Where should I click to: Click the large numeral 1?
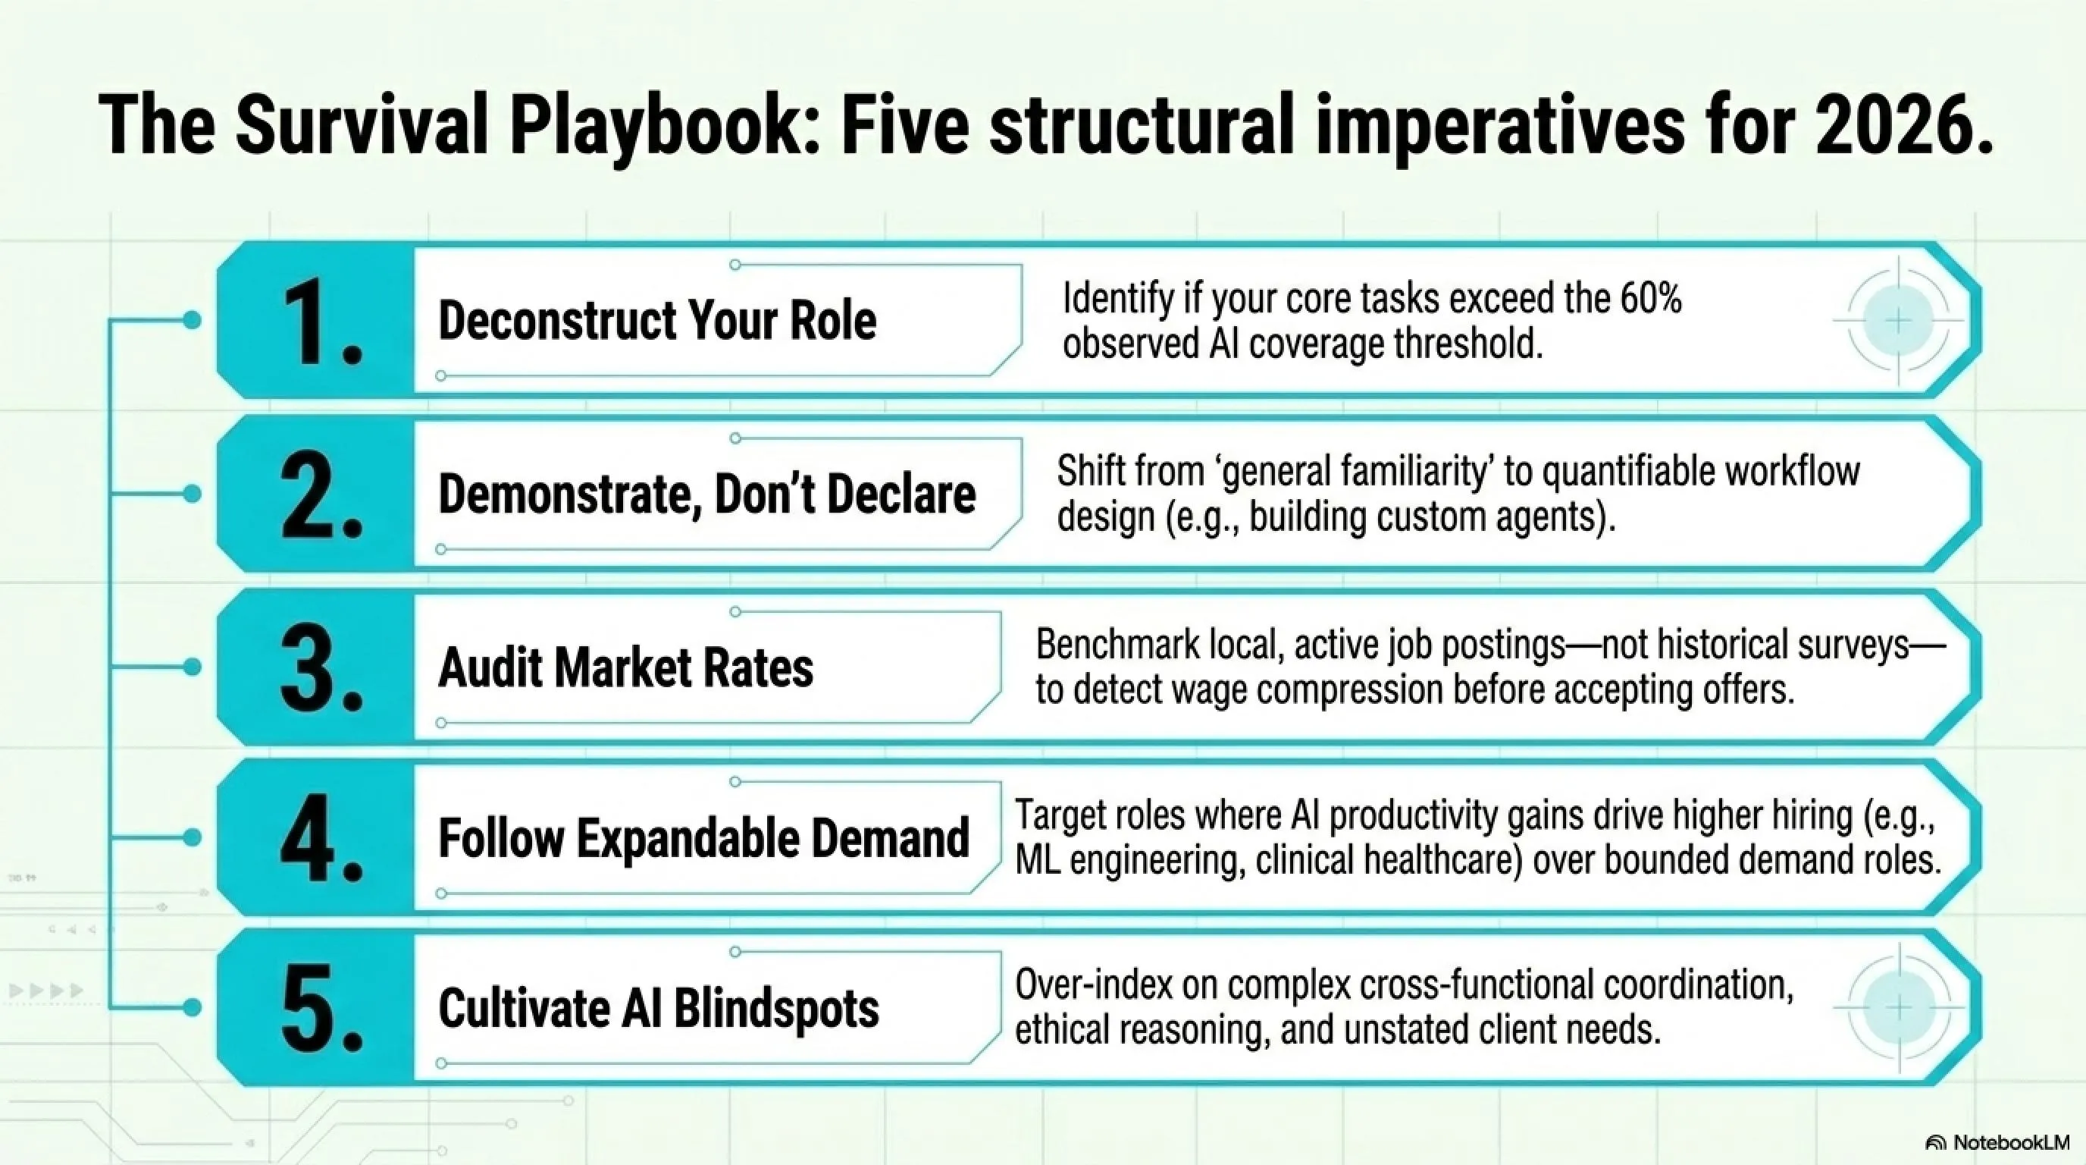(x=321, y=322)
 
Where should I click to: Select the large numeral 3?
(x=321, y=668)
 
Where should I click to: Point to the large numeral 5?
(x=321, y=1009)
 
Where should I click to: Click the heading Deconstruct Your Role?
(x=656, y=320)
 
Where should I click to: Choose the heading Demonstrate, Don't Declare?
(x=707, y=495)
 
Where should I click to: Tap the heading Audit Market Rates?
(x=625, y=668)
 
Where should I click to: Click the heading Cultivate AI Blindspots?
(x=659, y=1010)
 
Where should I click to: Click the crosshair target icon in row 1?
(x=1899, y=321)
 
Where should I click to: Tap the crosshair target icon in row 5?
(x=1899, y=1009)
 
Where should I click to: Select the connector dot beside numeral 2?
(x=192, y=494)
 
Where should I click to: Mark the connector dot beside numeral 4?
(x=192, y=837)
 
